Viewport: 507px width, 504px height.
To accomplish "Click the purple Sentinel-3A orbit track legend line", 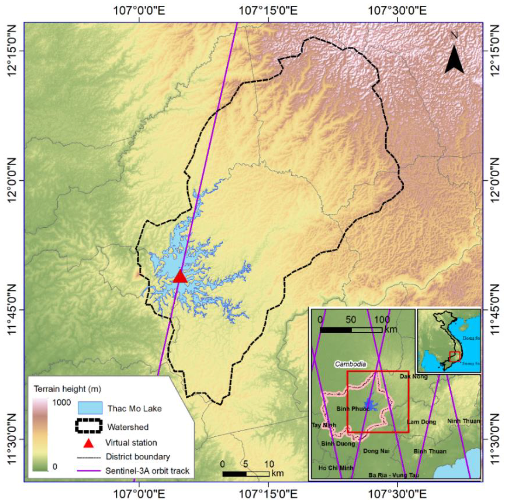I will (89, 470).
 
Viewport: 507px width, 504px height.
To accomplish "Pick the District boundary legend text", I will (138, 456).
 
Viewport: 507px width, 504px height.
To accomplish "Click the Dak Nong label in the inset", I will (414, 376).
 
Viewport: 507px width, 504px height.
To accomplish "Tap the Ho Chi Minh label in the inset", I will (336, 468).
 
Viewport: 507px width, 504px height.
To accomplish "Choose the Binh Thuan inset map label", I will (430, 451).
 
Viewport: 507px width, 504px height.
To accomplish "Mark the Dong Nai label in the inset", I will (376, 451).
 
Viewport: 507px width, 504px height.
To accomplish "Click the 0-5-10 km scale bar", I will (246, 474).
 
